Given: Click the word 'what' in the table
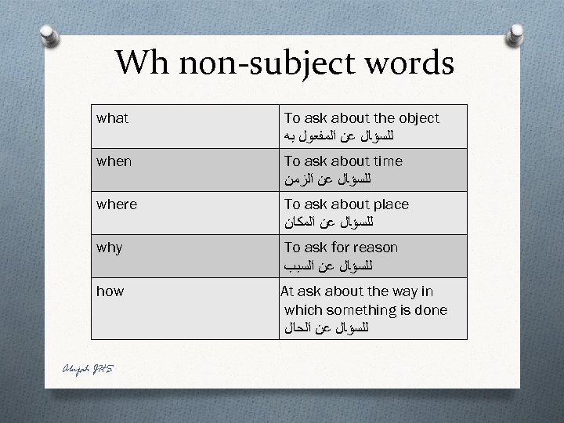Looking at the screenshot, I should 112,118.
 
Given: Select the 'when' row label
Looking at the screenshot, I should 114,161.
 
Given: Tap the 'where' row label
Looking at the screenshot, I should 117,204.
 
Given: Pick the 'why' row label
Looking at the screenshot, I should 110,248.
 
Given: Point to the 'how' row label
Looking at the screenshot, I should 110,291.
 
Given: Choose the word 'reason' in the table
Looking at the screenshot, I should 376,248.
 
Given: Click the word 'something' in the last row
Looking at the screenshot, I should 364,310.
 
